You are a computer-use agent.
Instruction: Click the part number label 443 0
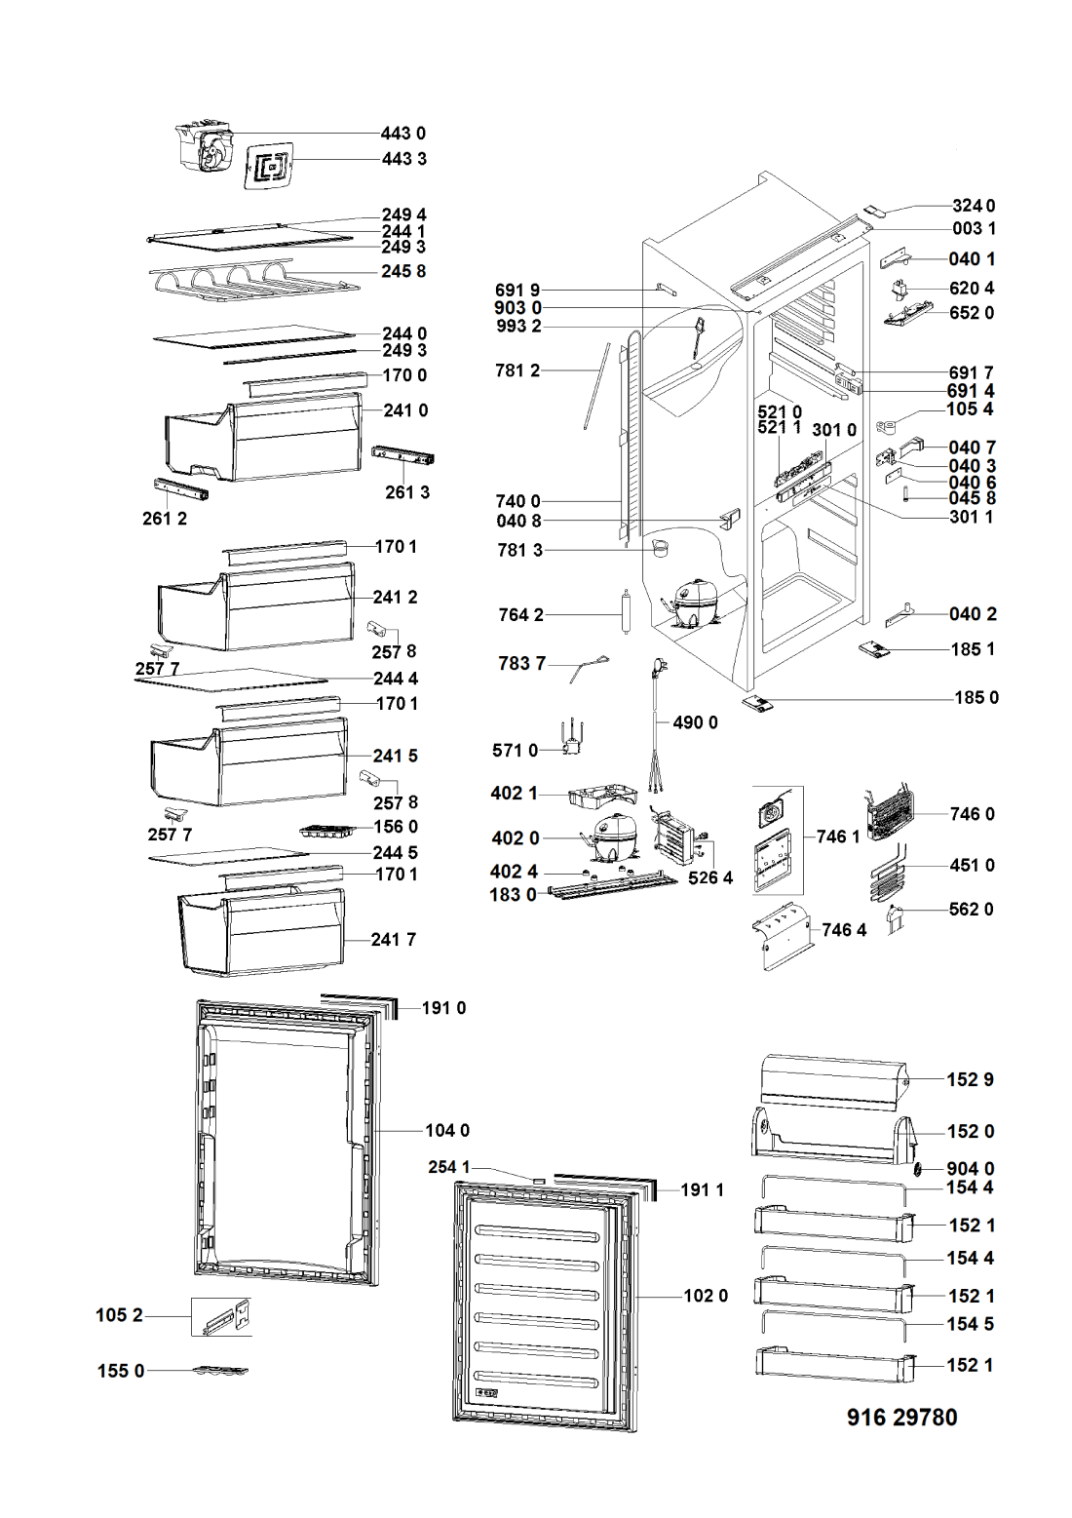point(402,134)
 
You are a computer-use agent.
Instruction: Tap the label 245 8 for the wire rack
point(403,271)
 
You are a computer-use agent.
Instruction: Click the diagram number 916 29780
point(901,1417)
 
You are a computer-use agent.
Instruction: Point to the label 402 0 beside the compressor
point(515,838)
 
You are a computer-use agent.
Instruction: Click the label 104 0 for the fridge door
point(447,1130)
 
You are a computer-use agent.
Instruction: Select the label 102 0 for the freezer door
point(706,1296)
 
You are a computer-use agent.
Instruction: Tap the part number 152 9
point(970,1079)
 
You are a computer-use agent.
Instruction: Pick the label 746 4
point(844,930)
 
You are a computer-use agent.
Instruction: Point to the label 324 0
point(974,206)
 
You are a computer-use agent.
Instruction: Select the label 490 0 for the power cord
point(695,722)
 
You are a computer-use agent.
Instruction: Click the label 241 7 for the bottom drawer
point(393,940)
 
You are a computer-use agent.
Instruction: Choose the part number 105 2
point(119,1315)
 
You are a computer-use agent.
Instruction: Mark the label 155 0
point(121,1371)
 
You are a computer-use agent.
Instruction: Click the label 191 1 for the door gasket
point(702,1189)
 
